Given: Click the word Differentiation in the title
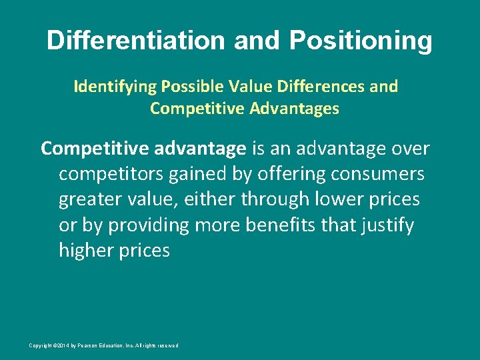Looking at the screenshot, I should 136,41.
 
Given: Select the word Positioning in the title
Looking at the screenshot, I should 361,41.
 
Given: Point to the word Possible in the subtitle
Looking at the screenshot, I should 181,87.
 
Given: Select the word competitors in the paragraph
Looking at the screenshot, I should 108,174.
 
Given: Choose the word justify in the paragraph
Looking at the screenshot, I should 389,225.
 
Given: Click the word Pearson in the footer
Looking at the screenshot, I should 94,345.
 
